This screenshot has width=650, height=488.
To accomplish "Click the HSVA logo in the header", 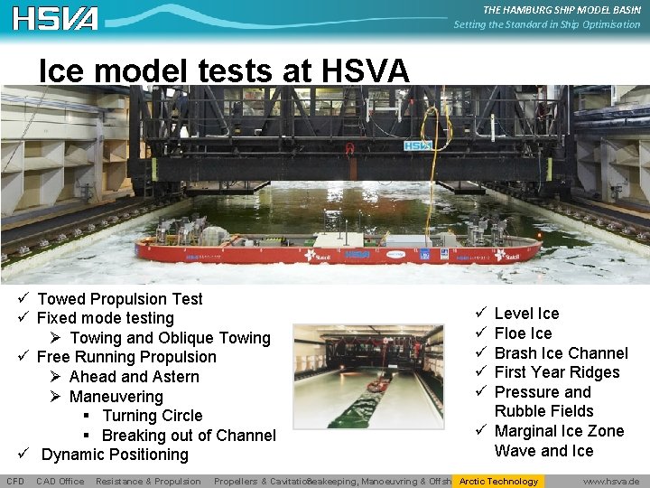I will tap(55, 18).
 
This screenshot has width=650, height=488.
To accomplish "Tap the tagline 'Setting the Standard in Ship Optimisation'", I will tap(547, 24).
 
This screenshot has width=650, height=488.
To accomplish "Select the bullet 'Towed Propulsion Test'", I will tap(120, 299).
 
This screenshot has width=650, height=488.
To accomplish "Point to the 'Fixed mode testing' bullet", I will tap(106, 318).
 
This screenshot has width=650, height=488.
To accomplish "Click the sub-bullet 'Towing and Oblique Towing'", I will tap(170, 338).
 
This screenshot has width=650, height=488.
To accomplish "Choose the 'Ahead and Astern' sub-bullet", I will tap(134, 377).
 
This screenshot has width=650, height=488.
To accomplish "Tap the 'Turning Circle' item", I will tap(152, 416).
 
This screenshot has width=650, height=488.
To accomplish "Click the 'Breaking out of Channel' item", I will tap(188, 436).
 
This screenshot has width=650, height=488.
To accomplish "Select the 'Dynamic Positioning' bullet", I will tap(115, 455).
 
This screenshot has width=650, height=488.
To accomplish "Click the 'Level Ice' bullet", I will tap(526, 314).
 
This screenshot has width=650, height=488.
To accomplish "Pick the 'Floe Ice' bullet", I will tap(523, 333).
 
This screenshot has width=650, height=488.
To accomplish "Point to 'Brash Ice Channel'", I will tap(561, 353).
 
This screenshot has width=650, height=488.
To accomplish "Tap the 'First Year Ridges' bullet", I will tap(557, 372).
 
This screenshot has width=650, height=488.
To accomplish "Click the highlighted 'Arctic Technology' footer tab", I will tap(498, 481).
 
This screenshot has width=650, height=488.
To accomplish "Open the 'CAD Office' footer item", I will tap(60, 481).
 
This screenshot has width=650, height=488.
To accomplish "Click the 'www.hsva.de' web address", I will tap(611, 481).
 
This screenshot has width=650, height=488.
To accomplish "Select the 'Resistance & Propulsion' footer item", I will tap(148, 481).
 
